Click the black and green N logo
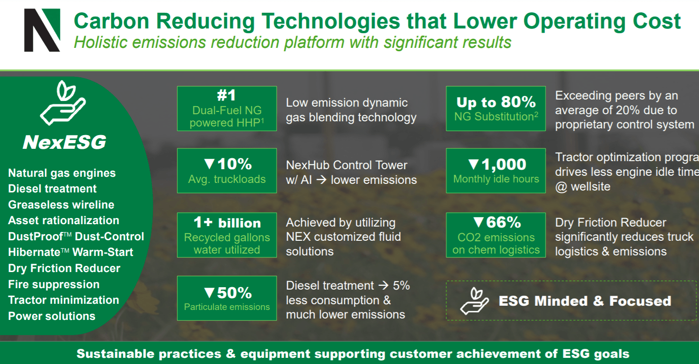tap(42, 30)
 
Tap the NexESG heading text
tap(64, 142)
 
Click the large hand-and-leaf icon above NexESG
tap(63, 103)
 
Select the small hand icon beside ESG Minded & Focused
tap(474, 301)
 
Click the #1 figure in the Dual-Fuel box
tap(227, 95)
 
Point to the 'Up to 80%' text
tap(496, 102)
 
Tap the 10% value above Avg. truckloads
tap(234, 164)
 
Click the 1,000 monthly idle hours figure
tap(504, 164)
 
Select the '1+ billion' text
tap(227, 223)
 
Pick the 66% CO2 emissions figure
tap(504, 222)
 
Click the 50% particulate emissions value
tap(234, 293)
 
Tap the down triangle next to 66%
tap(478, 222)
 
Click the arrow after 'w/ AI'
tap(321, 180)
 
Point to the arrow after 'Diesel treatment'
tap(383, 285)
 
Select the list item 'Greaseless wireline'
tap(61, 205)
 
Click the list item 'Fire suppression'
tap(53, 284)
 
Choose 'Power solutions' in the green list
tap(52, 316)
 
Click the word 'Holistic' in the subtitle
tap(100, 42)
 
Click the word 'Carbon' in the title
tap(111, 21)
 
